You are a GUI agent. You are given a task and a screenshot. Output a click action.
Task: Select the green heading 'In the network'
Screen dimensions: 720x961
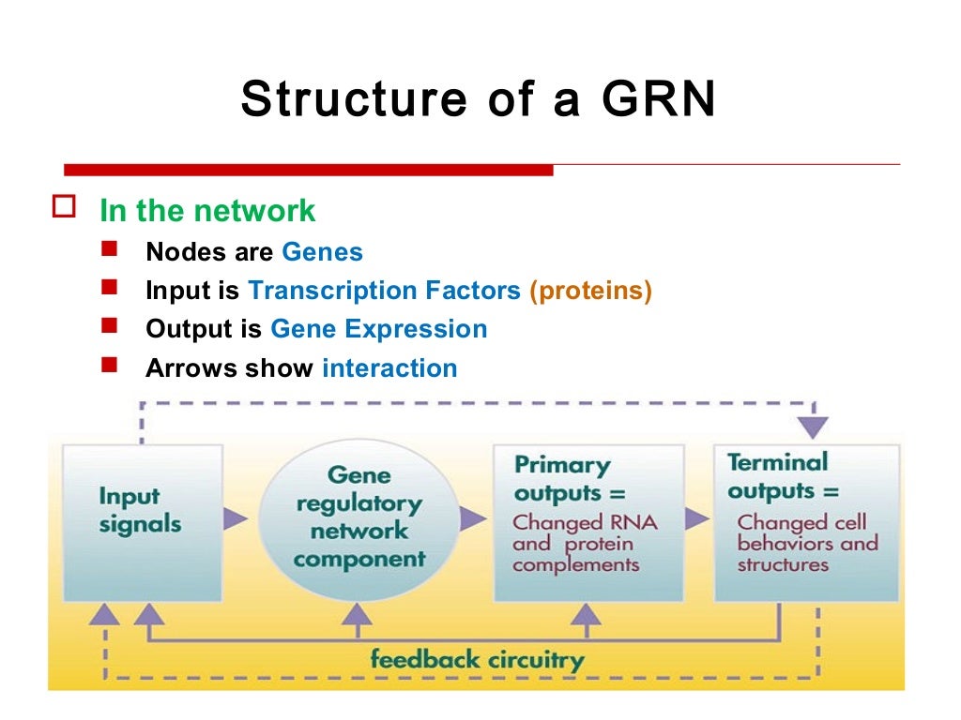click(x=207, y=211)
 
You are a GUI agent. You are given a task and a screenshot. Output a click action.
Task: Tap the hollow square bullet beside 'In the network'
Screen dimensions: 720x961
click(x=63, y=208)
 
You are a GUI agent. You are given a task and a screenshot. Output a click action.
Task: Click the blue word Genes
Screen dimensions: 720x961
click(x=322, y=252)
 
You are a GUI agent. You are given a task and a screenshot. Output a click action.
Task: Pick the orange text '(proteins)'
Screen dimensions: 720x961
click(x=590, y=291)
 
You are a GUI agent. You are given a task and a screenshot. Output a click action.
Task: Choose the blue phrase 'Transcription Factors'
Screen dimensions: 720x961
click(x=384, y=291)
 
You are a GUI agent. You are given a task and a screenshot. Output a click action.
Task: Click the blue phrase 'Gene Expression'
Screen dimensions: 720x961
click(x=378, y=329)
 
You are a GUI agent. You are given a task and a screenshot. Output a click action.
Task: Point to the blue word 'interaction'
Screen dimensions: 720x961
click(x=389, y=367)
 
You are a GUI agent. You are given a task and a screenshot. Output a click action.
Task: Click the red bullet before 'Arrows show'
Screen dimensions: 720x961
click(x=111, y=366)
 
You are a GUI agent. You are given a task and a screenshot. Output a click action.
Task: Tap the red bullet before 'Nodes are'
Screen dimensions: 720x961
click(x=111, y=250)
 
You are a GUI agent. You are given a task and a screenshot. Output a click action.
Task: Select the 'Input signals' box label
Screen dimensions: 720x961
click(x=130, y=509)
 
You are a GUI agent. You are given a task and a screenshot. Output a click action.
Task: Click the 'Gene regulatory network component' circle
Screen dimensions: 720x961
click(x=359, y=517)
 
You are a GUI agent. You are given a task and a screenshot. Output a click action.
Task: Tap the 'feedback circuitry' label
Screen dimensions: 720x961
click(x=477, y=659)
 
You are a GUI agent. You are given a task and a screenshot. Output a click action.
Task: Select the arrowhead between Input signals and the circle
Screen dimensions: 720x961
click(x=236, y=518)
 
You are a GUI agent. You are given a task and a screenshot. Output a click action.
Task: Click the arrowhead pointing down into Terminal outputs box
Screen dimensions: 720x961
click(x=814, y=427)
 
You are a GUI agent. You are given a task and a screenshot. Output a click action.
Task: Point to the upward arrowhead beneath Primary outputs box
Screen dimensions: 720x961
click(x=586, y=614)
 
